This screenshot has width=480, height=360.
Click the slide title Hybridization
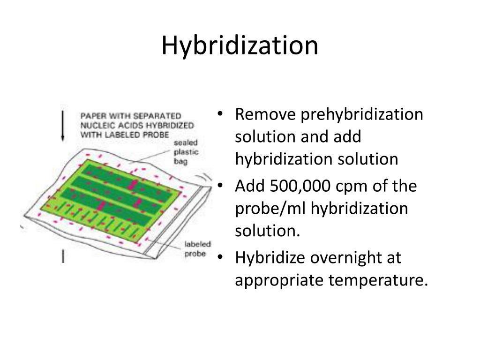pyautogui.click(x=240, y=46)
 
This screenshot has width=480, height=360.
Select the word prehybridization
pyautogui.click(x=361, y=114)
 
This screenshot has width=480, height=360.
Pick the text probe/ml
pyautogui.click(x=270, y=209)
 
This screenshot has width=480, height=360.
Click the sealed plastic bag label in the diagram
pyautogui.click(x=186, y=152)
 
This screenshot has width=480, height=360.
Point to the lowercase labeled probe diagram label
pyautogui.click(x=197, y=249)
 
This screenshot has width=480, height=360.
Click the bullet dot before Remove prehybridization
pyautogui.click(x=221, y=115)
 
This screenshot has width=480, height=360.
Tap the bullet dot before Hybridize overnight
pyautogui.click(x=221, y=258)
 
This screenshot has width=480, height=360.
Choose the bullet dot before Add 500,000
pyautogui.click(x=221, y=187)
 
